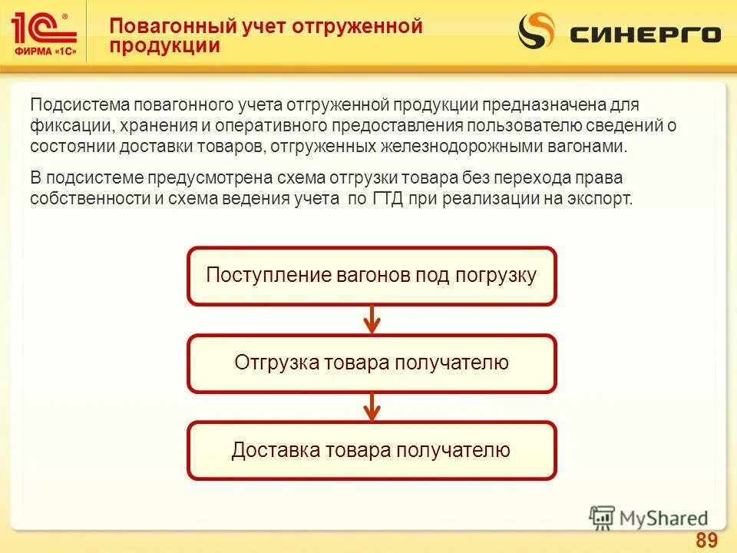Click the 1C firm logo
(x=45, y=31)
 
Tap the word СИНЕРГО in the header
(x=645, y=35)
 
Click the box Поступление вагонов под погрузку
(x=372, y=276)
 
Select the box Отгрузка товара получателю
(x=372, y=363)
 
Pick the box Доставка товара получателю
(x=372, y=450)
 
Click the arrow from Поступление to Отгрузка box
(x=372, y=319)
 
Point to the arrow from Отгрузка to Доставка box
(x=372, y=406)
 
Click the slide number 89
(x=706, y=540)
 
